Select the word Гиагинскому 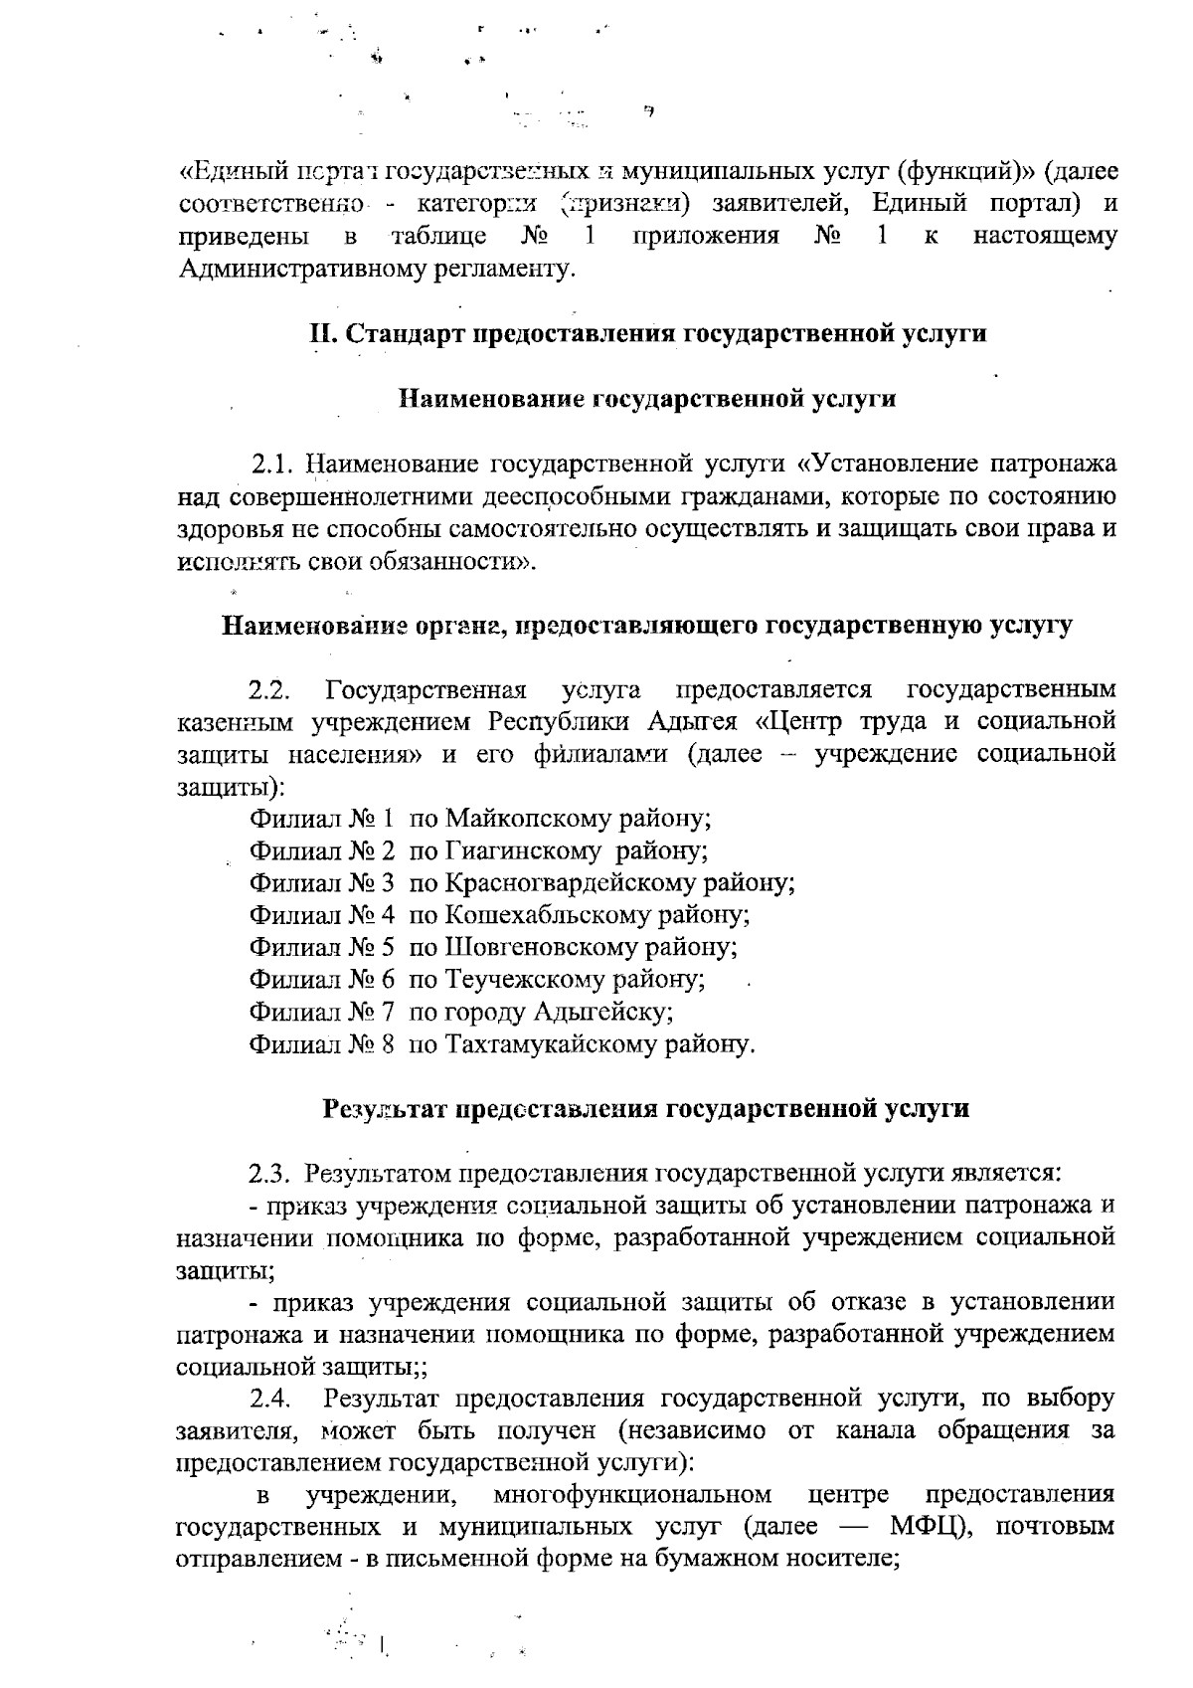(x=523, y=851)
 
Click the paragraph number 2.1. (x=269, y=465)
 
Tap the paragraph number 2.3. (x=269, y=1174)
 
